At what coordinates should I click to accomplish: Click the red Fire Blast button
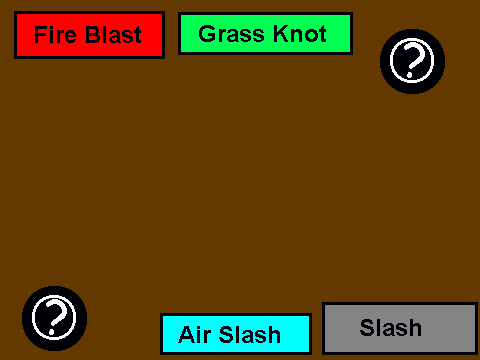89,35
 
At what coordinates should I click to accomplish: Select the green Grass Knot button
265,33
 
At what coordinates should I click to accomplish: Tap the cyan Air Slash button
236,334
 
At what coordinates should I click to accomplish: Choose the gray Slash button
400,328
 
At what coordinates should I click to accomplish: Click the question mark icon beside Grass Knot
412,61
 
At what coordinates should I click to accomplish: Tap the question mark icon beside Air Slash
54,318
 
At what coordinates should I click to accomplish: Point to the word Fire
55,35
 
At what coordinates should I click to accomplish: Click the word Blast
113,35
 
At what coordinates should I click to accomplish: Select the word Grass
233,34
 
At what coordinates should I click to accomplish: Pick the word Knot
300,34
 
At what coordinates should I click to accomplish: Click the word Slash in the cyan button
250,334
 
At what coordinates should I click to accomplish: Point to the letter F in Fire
41,35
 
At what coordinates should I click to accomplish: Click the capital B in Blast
92,35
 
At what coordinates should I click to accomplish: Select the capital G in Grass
207,34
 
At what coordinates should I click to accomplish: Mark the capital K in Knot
281,34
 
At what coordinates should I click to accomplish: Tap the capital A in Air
187,334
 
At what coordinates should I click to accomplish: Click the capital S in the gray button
367,327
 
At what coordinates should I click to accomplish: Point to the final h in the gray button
415,327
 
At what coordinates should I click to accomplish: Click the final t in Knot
322,35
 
